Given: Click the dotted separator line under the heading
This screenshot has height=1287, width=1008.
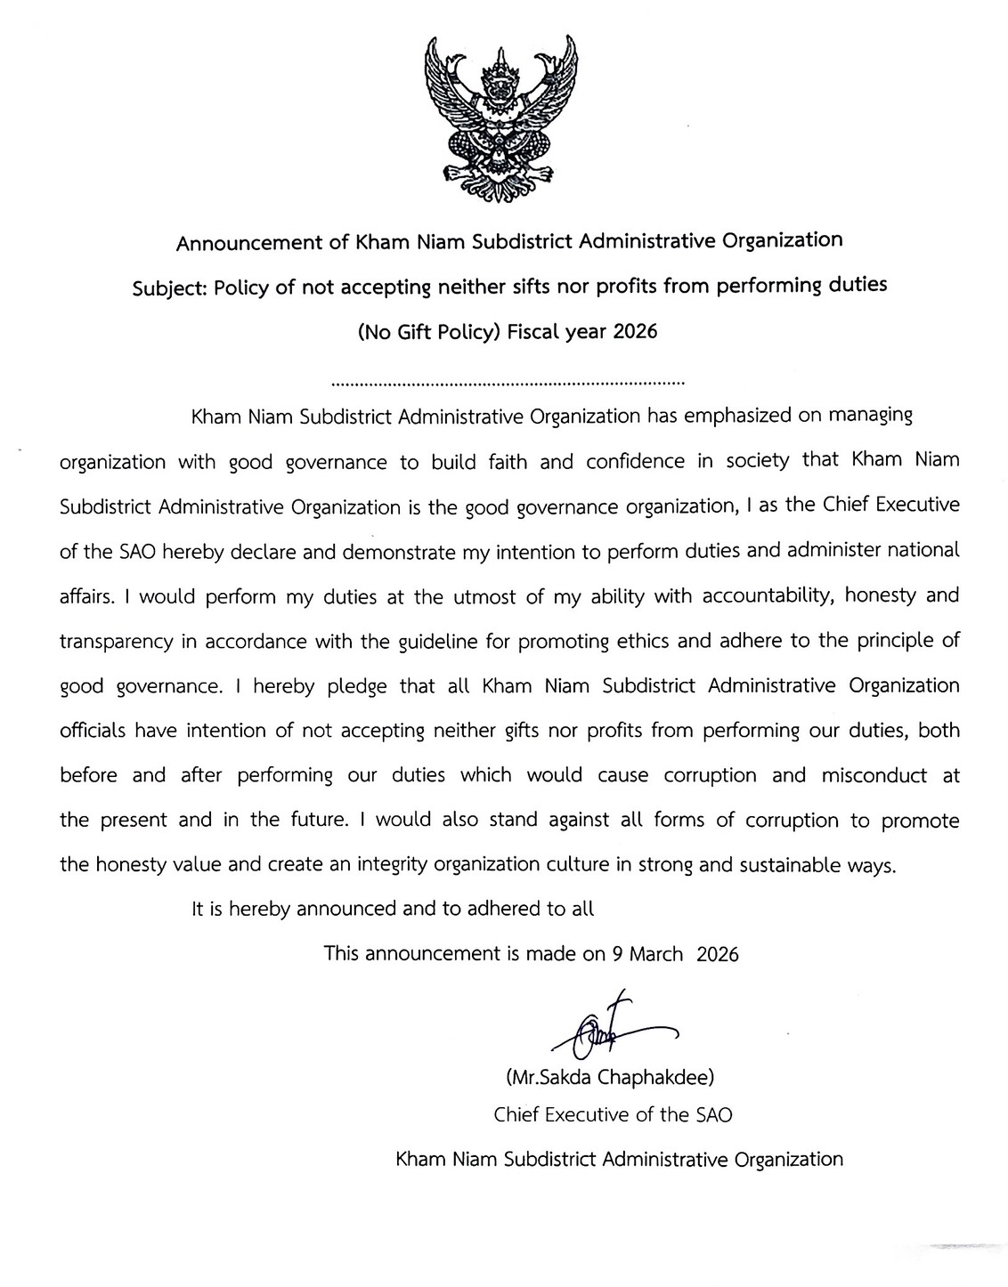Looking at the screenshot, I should pos(507,384).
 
